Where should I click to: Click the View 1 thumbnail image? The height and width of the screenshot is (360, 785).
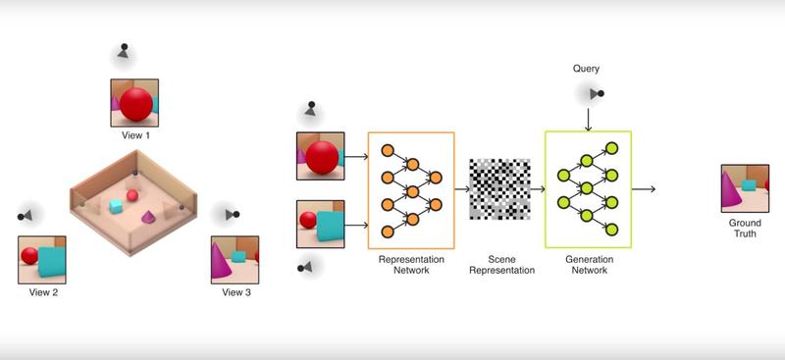click(x=133, y=102)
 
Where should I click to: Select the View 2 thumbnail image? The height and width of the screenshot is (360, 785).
click(x=42, y=259)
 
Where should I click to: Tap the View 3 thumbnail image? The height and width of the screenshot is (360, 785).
click(x=235, y=259)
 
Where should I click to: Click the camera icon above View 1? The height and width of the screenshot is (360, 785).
click(x=123, y=50)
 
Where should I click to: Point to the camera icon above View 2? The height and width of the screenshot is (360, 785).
click(x=26, y=215)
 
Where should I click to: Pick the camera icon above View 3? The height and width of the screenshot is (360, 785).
click(x=232, y=214)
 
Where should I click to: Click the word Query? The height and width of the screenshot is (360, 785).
click(x=587, y=69)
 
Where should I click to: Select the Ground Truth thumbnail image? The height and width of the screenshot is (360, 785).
click(x=745, y=188)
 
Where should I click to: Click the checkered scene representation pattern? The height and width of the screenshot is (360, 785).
click(x=499, y=188)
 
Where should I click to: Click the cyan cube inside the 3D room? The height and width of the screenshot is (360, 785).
click(x=116, y=206)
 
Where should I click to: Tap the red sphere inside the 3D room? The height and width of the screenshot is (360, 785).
click(x=132, y=195)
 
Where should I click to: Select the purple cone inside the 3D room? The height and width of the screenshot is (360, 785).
click(x=147, y=216)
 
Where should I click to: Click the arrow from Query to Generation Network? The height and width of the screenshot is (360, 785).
click(x=587, y=119)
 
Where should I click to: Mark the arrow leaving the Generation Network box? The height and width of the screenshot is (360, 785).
click(x=644, y=188)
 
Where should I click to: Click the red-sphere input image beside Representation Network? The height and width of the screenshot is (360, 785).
click(x=320, y=155)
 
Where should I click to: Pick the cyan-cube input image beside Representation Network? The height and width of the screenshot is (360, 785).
click(x=320, y=224)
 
